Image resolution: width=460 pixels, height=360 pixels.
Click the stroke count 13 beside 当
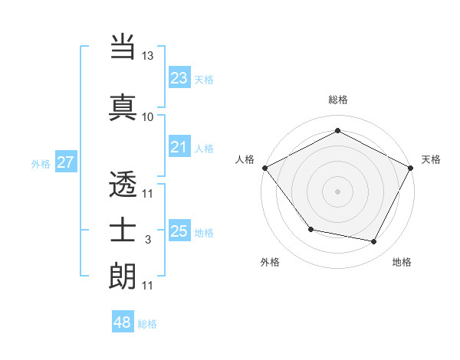point(147,56)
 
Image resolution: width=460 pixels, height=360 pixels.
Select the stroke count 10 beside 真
point(147,116)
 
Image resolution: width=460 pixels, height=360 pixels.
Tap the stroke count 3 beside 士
point(147,240)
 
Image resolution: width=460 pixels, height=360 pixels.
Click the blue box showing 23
point(179,77)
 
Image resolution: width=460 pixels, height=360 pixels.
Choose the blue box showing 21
point(179,147)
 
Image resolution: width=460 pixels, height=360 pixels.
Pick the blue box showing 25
point(179,231)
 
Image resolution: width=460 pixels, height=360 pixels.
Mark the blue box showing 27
point(65,162)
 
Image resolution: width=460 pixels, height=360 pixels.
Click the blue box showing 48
point(122,322)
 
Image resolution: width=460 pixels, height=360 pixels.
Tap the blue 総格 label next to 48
point(147,324)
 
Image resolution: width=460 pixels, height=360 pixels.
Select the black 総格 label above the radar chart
point(337,100)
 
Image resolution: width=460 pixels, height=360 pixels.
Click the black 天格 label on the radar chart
point(431,159)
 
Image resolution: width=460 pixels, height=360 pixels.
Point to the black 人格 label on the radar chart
point(245,159)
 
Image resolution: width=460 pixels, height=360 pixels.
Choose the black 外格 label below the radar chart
point(270,262)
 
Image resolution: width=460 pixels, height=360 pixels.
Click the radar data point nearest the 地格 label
point(374,242)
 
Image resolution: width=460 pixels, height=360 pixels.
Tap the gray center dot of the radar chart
point(337,191)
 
